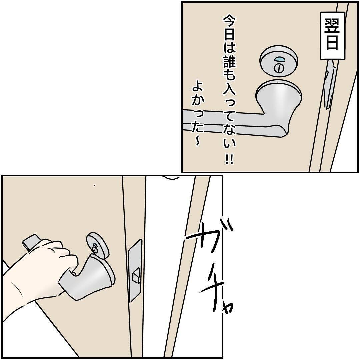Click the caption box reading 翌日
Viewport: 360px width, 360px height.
click(333, 36)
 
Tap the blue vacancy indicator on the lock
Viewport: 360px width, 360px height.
click(280, 59)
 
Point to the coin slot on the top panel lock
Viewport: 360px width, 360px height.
click(278, 68)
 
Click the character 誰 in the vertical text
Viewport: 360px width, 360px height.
click(229, 60)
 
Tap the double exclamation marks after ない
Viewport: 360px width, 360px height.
click(229, 160)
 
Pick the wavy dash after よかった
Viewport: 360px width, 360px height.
click(197, 140)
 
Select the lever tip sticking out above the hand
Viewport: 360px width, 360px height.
click(31, 242)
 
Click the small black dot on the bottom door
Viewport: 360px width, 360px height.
click(94, 186)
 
